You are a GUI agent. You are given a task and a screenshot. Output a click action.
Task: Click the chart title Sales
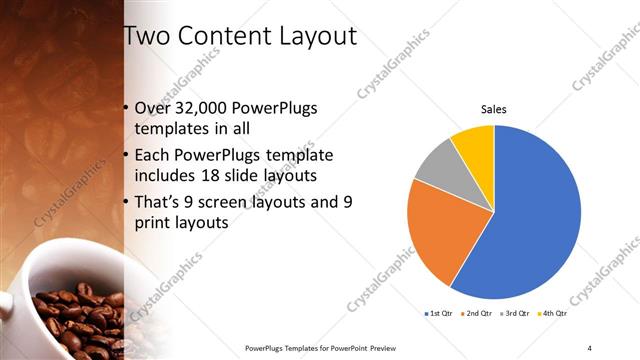point(494,109)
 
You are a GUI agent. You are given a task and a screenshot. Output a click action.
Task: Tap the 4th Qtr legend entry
point(553,315)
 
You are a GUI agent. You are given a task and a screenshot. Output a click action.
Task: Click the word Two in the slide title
point(146,37)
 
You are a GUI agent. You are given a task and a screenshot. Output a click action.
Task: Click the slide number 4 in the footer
point(590,348)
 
